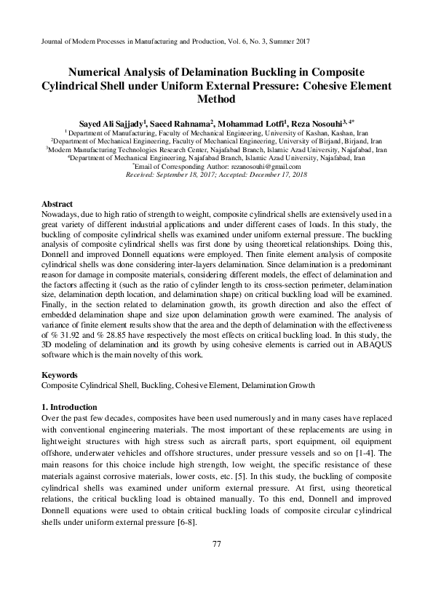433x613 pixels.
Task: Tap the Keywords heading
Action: click(60, 375)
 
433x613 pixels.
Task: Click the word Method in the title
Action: click(216, 100)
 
